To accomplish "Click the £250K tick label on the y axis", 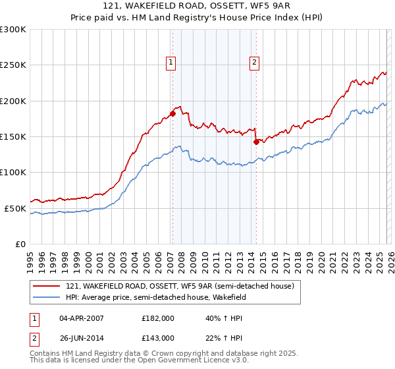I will coord(13,65).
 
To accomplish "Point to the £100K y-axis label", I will coord(13,172).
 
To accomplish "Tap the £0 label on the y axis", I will coord(20,244).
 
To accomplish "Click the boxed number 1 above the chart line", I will coord(171,63).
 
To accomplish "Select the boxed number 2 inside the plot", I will coord(254,63).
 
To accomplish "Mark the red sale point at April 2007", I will coord(172,113).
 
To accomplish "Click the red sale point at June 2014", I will coord(256,141).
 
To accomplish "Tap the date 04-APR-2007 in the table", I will coord(82,318).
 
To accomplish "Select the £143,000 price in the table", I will coord(158,338).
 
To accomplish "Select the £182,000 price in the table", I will coord(158,318).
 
